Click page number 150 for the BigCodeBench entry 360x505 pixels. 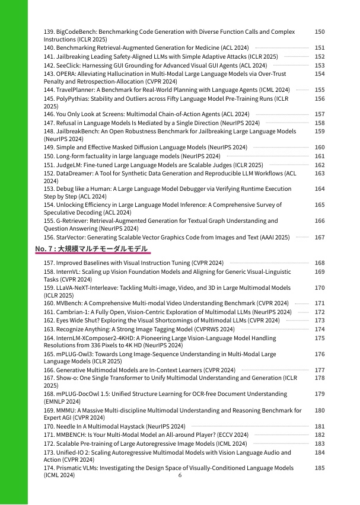click(319, 31)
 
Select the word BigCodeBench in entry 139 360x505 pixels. click(75, 31)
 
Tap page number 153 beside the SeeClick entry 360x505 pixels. click(319, 65)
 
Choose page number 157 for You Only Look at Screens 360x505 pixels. click(319, 114)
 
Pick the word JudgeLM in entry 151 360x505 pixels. click(68, 165)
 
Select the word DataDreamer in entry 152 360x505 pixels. click(74, 174)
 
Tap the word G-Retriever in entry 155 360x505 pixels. click(72, 221)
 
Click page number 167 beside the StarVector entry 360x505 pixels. click(319, 237)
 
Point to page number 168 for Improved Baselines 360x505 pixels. click(319, 263)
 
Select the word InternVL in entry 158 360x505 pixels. click(69, 271)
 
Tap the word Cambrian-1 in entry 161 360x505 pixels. click(72, 312)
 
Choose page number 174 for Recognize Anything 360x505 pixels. click(319, 329)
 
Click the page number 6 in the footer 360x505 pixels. click(180, 475)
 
